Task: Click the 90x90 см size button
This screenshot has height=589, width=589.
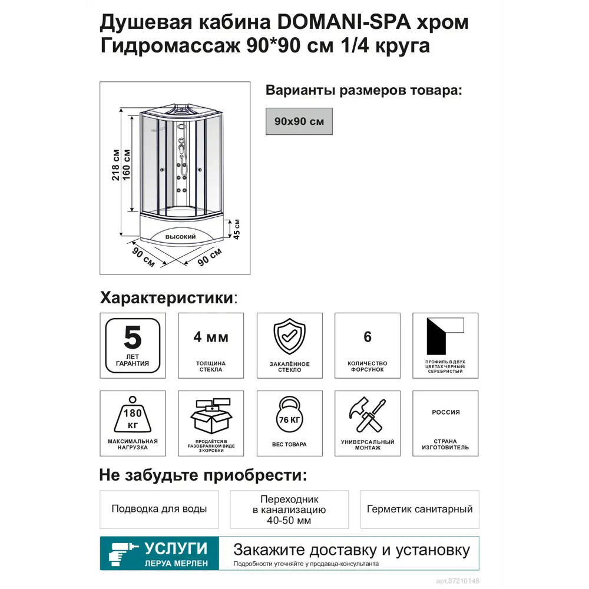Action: click(x=299, y=121)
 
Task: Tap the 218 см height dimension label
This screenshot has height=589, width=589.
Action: click(x=116, y=166)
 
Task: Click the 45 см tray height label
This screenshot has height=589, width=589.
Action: click(x=237, y=228)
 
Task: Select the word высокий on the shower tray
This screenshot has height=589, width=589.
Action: click(x=180, y=236)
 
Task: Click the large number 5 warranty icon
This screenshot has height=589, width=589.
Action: click(x=133, y=338)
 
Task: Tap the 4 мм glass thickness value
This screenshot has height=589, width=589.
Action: click(x=211, y=337)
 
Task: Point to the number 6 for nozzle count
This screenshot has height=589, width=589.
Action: click(x=368, y=337)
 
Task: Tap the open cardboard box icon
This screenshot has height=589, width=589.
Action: click(x=211, y=416)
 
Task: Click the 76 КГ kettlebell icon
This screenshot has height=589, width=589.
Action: click(x=289, y=417)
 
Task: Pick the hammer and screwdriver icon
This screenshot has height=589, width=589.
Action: click(x=368, y=416)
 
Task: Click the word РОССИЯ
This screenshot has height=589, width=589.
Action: click(x=446, y=412)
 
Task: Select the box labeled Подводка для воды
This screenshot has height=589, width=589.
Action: click(x=159, y=509)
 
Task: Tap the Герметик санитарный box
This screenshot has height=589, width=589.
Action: click(x=419, y=509)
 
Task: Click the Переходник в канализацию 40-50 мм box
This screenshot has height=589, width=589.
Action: click(x=289, y=509)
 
